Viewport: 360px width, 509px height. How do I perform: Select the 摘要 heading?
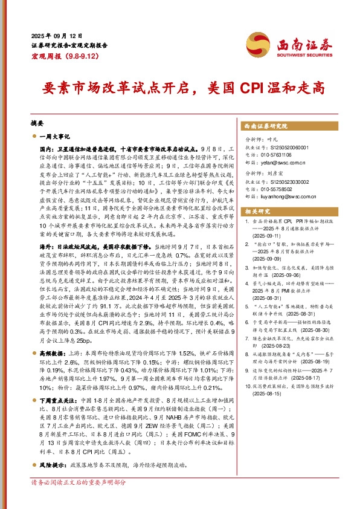[37, 122]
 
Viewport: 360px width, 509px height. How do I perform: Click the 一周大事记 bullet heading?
[56, 137]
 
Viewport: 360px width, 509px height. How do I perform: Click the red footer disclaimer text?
[78, 501]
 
